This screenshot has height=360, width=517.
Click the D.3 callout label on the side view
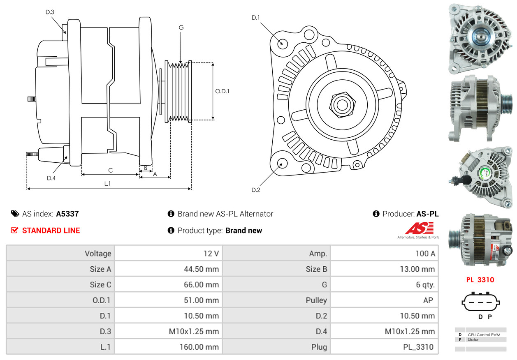pos(50,12)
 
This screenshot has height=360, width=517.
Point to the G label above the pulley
pos(181,28)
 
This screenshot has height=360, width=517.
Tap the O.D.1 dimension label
pos(222,91)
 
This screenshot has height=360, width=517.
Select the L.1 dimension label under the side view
pos(107,184)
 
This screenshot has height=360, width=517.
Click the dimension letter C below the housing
pos(110,170)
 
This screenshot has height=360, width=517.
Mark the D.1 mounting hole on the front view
pos(282,43)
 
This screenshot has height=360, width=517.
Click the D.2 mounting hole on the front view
pos(282,163)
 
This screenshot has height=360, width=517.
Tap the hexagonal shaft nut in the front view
pos(341,104)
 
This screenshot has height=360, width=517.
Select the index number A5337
pos(67,214)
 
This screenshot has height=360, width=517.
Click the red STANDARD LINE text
pos(51,231)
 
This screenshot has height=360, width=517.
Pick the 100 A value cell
pos(425,254)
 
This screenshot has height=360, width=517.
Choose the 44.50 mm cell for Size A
pos(201,269)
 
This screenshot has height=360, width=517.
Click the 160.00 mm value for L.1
pos(199,347)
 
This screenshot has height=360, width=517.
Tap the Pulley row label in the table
pos(316,300)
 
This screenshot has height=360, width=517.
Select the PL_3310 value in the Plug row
pos(418,347)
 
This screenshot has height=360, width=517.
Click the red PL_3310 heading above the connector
pos(480,280)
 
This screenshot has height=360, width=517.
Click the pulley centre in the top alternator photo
pos(480,37)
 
